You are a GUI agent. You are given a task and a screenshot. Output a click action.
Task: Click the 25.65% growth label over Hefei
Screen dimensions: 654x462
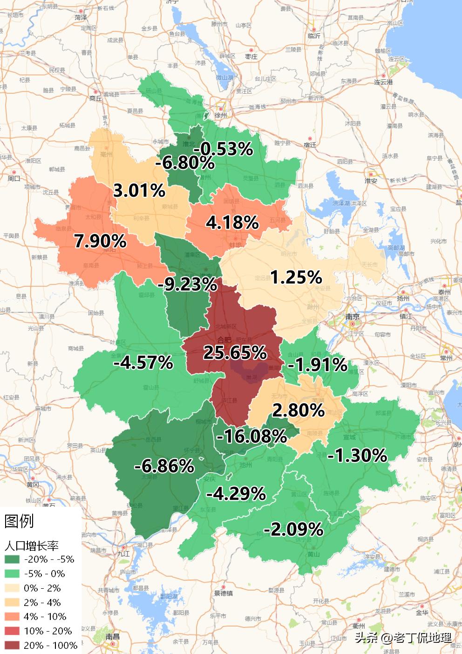(234, 352)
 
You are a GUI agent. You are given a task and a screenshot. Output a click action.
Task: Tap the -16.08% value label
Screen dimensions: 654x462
(251, 436)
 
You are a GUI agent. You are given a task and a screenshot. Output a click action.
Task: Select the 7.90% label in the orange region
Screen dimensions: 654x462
(100, 241)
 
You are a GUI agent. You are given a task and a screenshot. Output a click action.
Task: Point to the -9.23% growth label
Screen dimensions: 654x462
(187, 284)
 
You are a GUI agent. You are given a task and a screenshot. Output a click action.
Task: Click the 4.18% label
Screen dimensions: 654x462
(232, 222)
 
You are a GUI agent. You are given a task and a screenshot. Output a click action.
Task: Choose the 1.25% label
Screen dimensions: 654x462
(296, 277)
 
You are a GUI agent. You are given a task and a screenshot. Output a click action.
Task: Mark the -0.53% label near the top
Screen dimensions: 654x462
(223, 149)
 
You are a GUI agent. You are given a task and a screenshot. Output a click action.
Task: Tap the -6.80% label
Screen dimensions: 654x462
(185, 163)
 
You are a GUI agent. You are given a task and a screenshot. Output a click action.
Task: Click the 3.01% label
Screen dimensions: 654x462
(139, 190)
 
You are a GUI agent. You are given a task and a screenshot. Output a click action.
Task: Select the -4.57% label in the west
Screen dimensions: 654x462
(143, 362)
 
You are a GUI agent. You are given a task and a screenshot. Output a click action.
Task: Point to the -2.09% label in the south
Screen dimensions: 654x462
(293, 529)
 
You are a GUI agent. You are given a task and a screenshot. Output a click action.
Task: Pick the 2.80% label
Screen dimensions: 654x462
(298, 410)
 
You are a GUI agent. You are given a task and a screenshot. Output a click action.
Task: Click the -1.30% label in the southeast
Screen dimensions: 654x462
(357, 455)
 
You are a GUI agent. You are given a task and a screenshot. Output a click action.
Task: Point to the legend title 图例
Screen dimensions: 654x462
(19, 521)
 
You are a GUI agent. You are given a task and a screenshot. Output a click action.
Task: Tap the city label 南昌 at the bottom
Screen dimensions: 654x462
(112, 636)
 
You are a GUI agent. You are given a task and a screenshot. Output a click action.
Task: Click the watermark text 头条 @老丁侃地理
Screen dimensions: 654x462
(403, 637)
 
